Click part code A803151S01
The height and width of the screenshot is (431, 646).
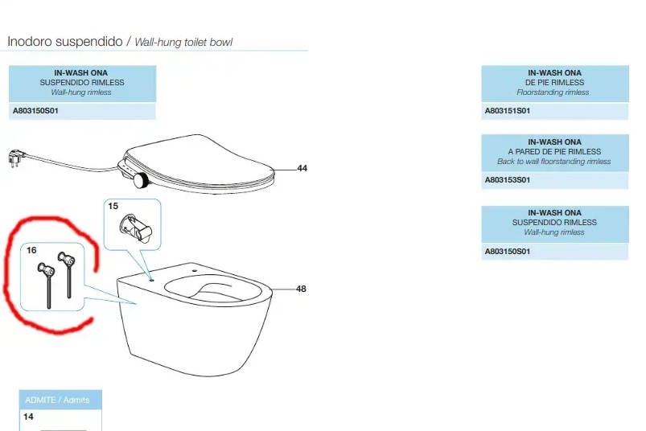(508, 110)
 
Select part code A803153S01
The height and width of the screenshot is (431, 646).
(508, 180)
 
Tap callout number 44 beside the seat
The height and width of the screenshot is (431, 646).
(302, 169)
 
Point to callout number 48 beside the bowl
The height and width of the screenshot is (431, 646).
(302, 289)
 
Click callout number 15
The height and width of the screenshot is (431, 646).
(113, 207)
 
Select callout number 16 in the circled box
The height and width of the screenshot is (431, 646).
(31, 250)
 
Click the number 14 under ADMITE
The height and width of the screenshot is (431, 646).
(29, 417)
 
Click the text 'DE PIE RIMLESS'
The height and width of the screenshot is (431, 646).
(554, 83)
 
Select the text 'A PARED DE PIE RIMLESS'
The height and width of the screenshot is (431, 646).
(554, 152)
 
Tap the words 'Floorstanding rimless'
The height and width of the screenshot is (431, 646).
(554, 92)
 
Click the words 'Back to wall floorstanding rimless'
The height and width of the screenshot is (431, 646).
(554, 162)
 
